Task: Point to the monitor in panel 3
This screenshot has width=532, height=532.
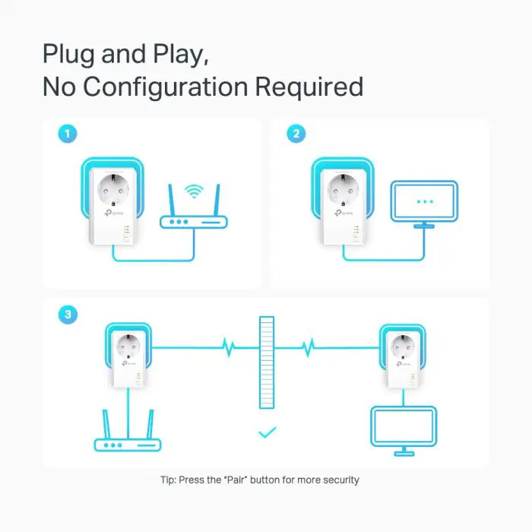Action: click(x=402, y=429)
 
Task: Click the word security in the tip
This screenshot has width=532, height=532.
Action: click(x=339, y=480)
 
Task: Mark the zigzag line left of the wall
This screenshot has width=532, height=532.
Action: click(x=226, y=347)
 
